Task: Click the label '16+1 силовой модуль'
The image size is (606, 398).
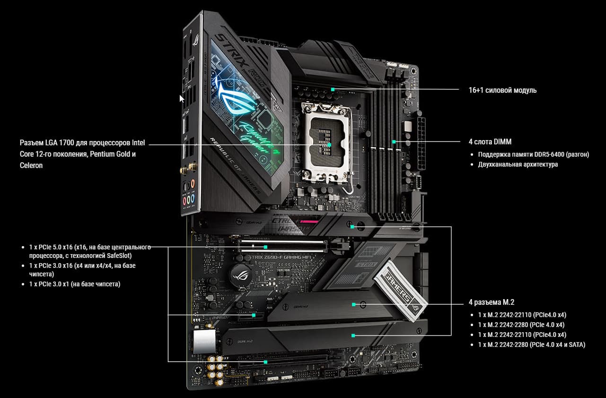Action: pos(502,90)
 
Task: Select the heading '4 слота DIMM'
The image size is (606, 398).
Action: pos(490,142)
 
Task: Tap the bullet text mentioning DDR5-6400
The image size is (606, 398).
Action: pos(533,154)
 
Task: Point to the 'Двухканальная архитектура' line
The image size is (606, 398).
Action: pos(518,165)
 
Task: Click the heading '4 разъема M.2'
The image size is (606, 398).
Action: pos(492,302)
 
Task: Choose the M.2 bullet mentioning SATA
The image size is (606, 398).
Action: pos(532,345)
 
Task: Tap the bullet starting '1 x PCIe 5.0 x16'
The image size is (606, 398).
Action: pos(90,251)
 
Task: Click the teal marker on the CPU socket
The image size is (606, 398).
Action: pos(329,145)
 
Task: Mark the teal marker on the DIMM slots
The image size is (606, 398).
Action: pos(394,142)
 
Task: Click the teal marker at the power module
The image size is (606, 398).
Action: pos(333,89)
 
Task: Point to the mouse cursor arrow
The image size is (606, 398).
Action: pos(182,99)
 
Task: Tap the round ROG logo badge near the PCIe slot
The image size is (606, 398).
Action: pos(241,276)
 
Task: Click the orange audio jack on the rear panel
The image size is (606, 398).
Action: pos(193,184)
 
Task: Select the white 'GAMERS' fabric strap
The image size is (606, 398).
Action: pos(400,291)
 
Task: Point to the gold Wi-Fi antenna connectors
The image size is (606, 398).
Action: pos(189,168)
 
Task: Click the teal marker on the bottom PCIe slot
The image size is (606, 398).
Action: pos(266,362)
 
